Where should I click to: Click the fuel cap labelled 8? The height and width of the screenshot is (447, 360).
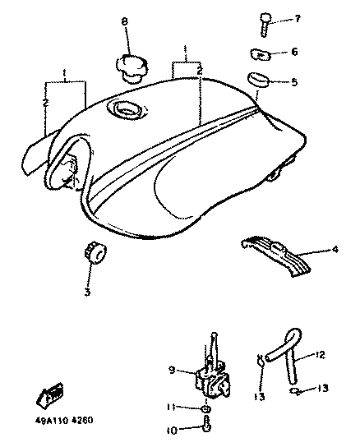pyautogui.click(x=132, y=69)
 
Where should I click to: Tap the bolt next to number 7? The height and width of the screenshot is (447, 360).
pyautogui.click(x=265, y=25)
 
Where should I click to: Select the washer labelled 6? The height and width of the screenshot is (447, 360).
pyautogui.click(x=261, y=54)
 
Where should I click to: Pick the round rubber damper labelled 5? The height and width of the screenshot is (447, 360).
pyautogui.click(x=259, y=80)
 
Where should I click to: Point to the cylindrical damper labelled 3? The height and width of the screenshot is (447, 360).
pyautogui.click(x=95, y=253)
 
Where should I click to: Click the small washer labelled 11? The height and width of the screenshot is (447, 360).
pyautogui.click(x=206, y=409)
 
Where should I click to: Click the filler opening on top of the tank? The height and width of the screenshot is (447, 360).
pyautogui.click(x=126, y=108)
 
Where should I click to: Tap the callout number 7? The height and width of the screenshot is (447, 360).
pyautogui.click(x=298, y=19)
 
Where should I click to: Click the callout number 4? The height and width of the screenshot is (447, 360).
pyautogui.click(x=335, y=249)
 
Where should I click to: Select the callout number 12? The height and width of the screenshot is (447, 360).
pyautogui.click(x=320, y=355)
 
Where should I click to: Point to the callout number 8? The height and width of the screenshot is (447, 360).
pyautogui.click(x=125, y=21)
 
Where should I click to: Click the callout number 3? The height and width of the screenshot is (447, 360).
pyautogui.click(x=88, y=292)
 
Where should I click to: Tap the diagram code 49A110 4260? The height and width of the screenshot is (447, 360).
pyautogui.click(x=64, y=420)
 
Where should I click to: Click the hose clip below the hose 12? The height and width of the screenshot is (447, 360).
pyautogui.click(x=296, y=391)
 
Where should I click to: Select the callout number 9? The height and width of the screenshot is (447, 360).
pyautogui.click(x=172, y=370)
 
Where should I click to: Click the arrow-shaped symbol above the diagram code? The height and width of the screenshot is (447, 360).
pyautogui.click(x=49, y=394)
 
